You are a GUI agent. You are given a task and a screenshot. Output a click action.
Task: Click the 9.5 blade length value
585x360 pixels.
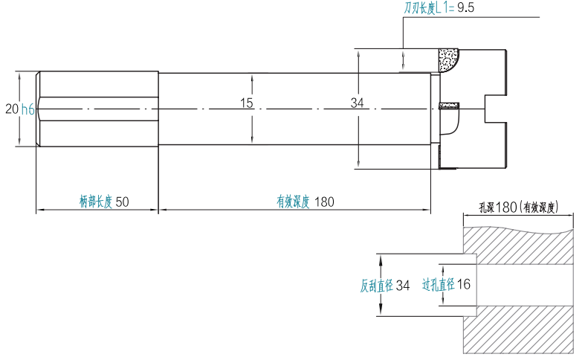click(465, 8)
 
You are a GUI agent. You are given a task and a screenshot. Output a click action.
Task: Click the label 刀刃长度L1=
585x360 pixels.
click(429, 8)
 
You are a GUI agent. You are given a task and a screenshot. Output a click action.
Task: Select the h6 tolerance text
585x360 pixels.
click(28, 109)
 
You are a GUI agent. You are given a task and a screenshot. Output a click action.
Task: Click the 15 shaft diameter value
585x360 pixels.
click(247, 103)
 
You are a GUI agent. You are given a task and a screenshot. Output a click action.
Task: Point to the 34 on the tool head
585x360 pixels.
click(358, 103)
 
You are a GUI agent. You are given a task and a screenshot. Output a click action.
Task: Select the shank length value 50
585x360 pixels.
click(123, 202)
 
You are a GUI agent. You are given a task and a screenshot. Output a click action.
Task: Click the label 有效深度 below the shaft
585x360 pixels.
click(292, 202)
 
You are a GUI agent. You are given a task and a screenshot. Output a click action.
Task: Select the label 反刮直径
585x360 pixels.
click(375, 285)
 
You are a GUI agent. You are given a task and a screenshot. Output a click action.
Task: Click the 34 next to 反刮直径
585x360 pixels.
click(403, 285)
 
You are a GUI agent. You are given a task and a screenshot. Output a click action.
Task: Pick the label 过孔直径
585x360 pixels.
click(437, 285)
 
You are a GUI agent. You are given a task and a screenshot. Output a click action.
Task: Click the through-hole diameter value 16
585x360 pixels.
click(463, 285)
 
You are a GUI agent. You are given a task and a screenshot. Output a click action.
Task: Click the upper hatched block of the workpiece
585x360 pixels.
click(520, 245)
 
